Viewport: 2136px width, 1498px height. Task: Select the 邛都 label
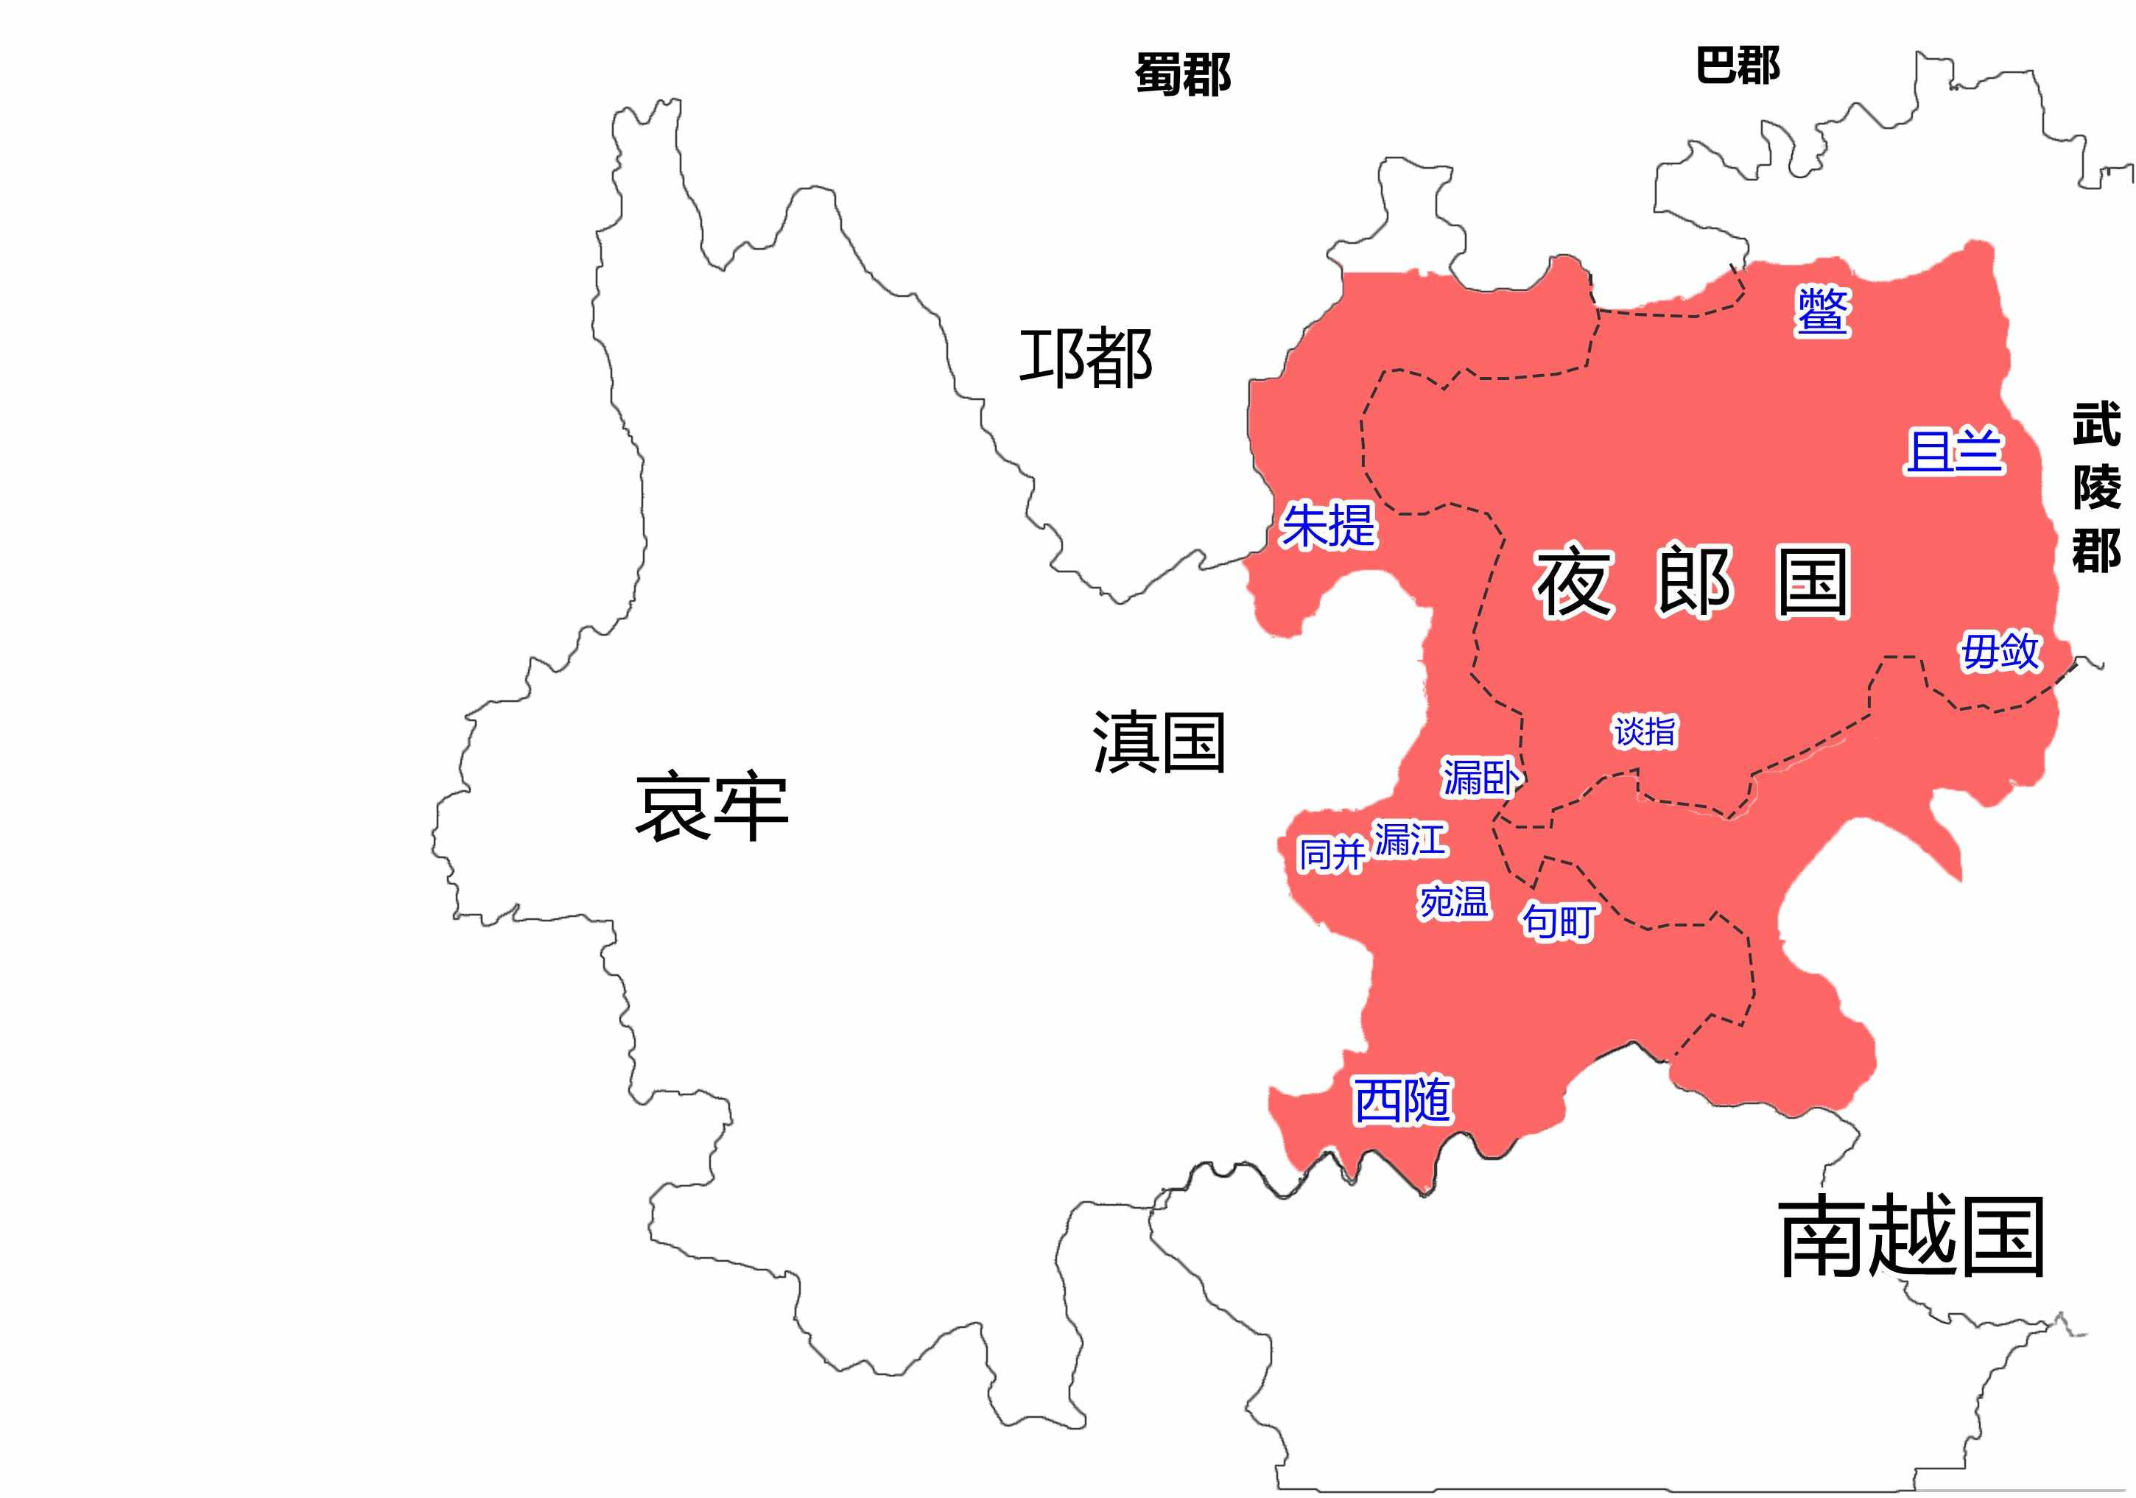click(1086, 357)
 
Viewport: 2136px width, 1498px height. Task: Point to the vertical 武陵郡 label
click(2096, 487)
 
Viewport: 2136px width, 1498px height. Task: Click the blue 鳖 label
click(1822, 312)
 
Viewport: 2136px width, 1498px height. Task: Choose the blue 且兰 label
click(1953, 452)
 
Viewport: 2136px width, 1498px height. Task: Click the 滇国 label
click(1159, 742)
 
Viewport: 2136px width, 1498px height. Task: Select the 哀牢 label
click(712, 808)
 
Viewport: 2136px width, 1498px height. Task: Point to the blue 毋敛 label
click(2000, 651)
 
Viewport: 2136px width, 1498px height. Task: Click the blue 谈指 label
click(1645, 731)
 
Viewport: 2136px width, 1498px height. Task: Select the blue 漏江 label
click(1410, 840)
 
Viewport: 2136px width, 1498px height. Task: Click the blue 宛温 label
click(1453, 901)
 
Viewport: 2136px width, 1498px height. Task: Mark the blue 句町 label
click(1559, 921)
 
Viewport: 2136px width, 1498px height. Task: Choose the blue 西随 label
click(1402, 1101)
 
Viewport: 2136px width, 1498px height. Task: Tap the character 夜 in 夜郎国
click(1574, 583)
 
